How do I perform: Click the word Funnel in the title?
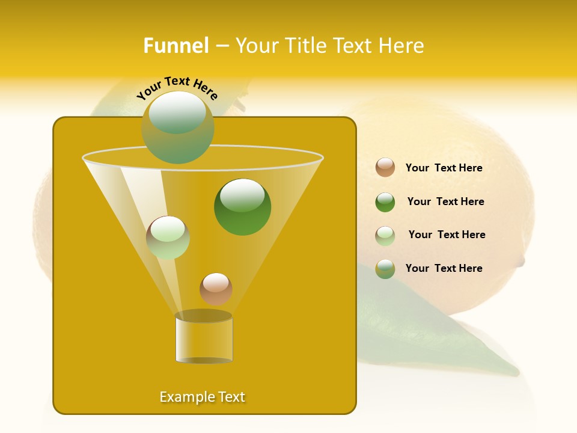(x=176, y=46)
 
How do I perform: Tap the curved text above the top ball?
(x=177, y=88)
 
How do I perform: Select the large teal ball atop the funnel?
(x=178, y=127)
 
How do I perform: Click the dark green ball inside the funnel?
(x=242, y=206)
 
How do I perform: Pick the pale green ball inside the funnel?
(x=168, y=238)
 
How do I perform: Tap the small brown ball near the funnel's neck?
(x=216, y=289)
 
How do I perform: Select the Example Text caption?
(x=203, y=397)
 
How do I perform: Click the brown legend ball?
(x=385, y=167)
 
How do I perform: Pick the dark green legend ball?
(x=385, y=202)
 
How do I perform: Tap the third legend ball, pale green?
(x=385, y=236)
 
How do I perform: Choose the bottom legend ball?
(x=385, y=269)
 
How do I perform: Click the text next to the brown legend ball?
(x=444, y=168)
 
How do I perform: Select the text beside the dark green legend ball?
(x=445, y=201)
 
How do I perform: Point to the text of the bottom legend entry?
(x=444, y=268)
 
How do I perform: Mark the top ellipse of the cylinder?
(x=204, y=316)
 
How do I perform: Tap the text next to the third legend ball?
(x=447, y=235)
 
